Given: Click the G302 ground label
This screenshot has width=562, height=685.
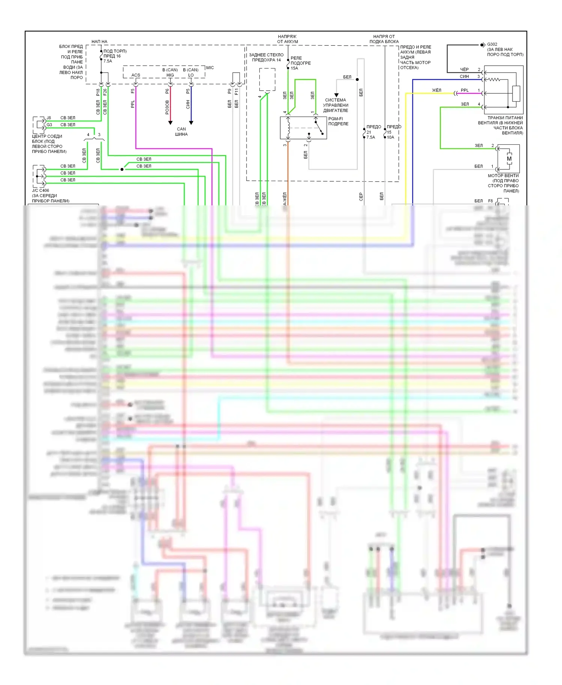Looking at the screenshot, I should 492,44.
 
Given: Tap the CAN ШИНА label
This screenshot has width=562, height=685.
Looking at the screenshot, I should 181,132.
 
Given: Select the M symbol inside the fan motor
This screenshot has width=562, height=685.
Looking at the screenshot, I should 509,159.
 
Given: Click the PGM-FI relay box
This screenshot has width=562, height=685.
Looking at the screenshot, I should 303,128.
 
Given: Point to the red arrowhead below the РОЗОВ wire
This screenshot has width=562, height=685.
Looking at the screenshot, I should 170,123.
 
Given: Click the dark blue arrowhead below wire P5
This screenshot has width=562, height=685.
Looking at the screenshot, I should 191,123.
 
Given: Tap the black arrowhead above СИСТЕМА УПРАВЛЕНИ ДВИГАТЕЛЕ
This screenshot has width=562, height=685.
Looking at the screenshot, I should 336,95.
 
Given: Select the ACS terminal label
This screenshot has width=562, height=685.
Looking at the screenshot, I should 136,75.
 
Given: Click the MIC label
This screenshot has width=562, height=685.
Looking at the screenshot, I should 210,68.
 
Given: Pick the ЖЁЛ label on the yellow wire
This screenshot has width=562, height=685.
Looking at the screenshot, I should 437,90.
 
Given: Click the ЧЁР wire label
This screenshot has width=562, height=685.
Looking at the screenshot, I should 464,69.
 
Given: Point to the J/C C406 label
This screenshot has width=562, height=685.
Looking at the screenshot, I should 40,190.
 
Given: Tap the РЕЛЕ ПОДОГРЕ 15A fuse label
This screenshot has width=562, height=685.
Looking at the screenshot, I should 300,63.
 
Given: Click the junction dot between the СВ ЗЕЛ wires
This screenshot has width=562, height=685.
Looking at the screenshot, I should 122,169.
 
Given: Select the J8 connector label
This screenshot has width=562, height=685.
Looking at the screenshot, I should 49,118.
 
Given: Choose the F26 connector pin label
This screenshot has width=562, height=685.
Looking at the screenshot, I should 105,91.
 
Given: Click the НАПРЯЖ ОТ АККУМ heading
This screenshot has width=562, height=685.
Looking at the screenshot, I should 287,39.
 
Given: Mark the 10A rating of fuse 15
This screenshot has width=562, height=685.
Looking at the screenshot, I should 390,137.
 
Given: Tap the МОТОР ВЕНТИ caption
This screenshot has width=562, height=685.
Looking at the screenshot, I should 503,175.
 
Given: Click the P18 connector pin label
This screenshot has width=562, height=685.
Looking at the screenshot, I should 98,91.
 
